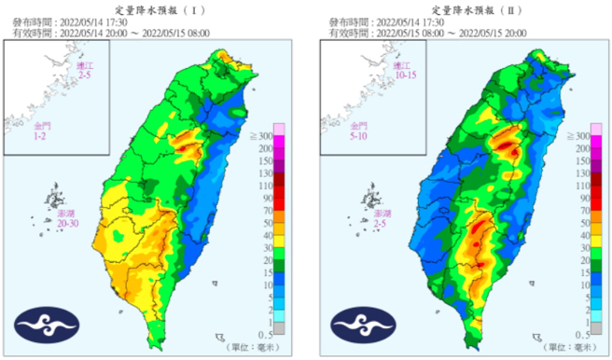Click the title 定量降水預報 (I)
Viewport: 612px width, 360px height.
point(155,7)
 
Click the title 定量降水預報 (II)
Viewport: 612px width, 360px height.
point(466,7)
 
